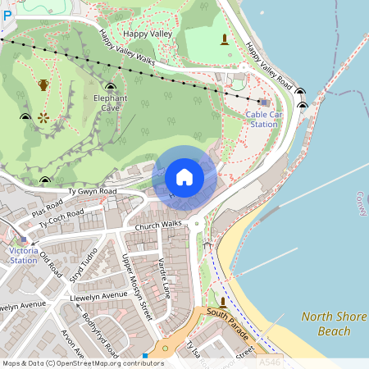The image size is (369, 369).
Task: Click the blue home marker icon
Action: point(184,177)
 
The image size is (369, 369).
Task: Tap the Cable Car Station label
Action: point(263,119)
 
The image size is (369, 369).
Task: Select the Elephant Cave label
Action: point(111,102)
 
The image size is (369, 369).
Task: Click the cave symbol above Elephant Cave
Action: point(110,86)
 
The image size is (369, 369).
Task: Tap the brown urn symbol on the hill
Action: point(43,84)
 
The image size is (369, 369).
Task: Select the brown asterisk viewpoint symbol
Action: point(43,117)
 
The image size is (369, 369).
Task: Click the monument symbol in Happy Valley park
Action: point(224,39)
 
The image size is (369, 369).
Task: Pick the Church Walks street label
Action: point(158,225)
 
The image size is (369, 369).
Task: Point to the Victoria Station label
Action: point(23,255)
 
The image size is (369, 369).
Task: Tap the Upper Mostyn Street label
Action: point(137,286)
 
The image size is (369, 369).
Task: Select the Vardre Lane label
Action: point(163,278)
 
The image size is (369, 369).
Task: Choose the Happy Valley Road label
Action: point(269,65)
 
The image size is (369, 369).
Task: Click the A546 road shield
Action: point(268,362)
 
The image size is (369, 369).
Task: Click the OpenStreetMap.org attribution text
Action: point(107,362)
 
